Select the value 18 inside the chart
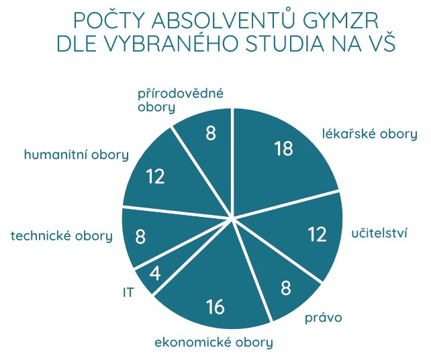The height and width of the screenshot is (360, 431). point(284,148)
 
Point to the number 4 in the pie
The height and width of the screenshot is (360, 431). point(155,273)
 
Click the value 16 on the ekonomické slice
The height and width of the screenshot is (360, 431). point(215,307)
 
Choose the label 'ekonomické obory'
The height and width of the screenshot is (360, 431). point(214,343)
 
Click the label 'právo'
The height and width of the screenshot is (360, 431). point(324,318)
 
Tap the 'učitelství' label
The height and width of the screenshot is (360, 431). point(379,234)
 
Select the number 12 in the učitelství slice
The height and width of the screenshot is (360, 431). point(317,234)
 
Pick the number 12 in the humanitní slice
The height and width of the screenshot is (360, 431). point(155,176)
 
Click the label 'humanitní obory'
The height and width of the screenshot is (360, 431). point(77,154)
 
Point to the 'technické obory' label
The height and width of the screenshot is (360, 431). point(62,236)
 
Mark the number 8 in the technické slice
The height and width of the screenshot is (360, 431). point(140,236)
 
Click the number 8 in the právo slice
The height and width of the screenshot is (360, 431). point(285,288)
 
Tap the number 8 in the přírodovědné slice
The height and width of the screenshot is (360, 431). point(211,133)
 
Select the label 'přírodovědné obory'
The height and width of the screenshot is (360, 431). point(181,100)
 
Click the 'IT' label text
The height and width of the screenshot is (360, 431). point(128,293)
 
